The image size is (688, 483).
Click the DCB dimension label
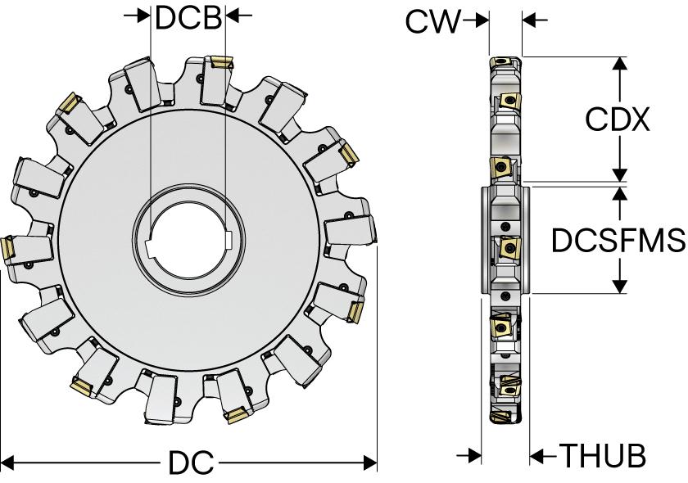point(188,17)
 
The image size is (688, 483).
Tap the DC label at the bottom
point(191,464)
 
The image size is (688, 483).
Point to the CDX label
point(618,120)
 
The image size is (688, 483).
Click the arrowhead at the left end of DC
point(8,464)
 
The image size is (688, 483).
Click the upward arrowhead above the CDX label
point(620,65)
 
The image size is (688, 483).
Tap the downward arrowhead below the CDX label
point(620,173)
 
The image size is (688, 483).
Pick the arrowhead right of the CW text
point(481,20)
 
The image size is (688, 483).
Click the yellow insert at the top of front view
point(220,62)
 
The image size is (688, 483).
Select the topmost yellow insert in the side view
point(500,61)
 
